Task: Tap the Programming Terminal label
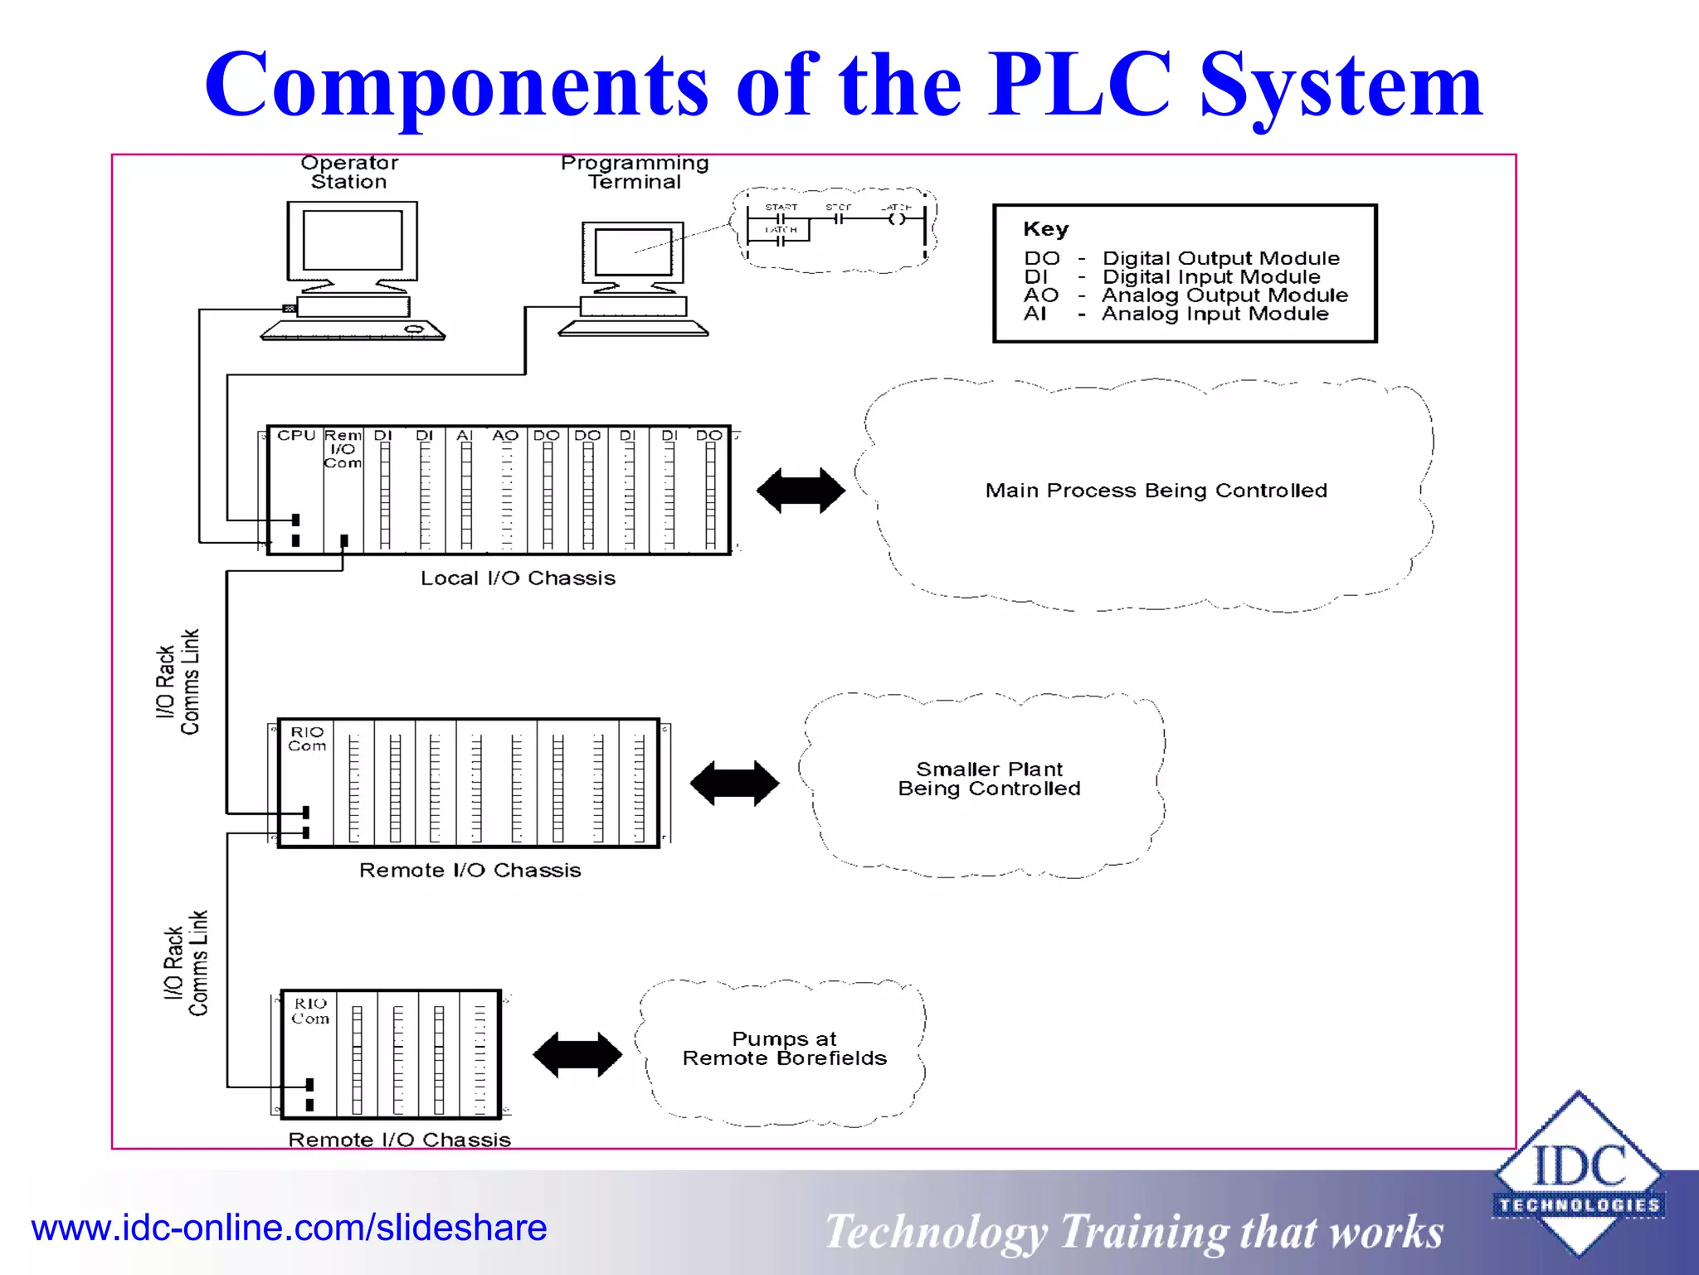635,173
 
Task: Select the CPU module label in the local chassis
296,436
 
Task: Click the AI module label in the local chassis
465,436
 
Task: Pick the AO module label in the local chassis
505,436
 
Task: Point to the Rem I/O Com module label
343,449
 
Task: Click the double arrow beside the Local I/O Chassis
801,491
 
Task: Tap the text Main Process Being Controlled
1156,491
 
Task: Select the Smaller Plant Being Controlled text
989,779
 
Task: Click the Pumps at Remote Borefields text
784,1048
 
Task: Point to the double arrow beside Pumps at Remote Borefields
577,1055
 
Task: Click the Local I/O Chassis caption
518,579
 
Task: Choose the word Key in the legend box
1045,229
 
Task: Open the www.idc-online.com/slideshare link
289,1228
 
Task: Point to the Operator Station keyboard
353,331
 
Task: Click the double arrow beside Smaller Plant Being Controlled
734,783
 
